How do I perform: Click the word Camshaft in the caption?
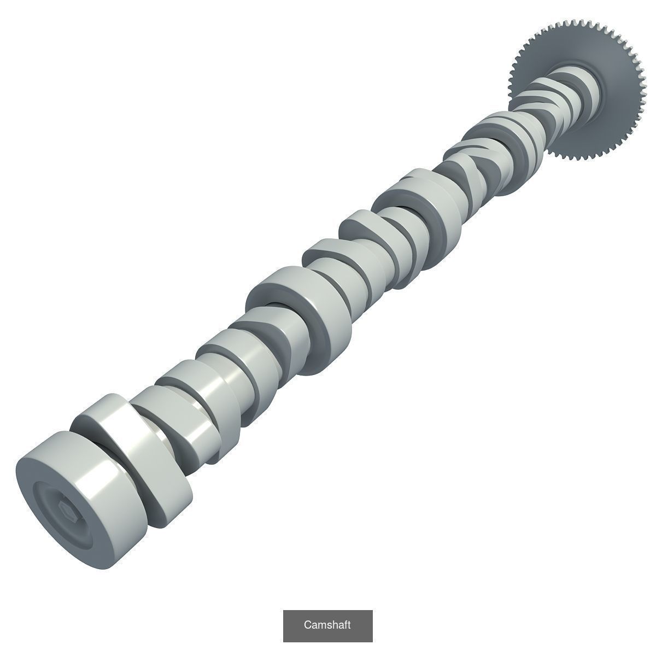(x=327, y=625)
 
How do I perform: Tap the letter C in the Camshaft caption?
(x=307, y=625)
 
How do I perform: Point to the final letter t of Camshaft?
(x=348, y=625)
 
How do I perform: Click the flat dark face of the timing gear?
(x=618, y=120)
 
